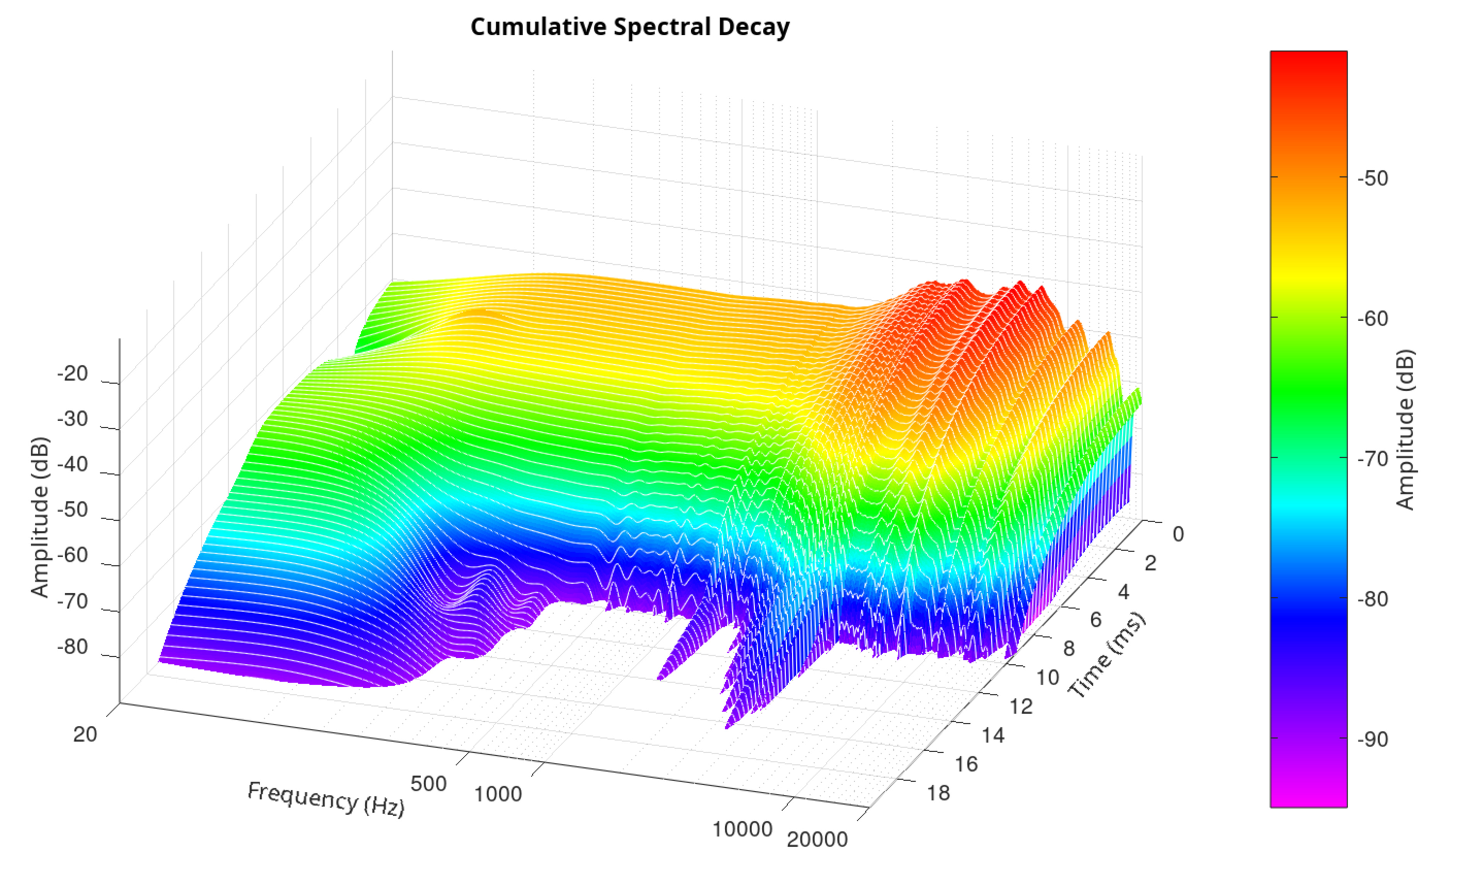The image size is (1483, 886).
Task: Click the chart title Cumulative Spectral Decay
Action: [630, 27]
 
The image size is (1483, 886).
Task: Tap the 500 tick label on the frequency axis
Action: [429, 783]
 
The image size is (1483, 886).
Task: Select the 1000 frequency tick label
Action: [498, 794]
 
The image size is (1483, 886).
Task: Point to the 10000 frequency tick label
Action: [742, 829]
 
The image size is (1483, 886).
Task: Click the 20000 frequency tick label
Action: [817, 839]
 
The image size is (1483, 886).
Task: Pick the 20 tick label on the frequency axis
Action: [85, 734]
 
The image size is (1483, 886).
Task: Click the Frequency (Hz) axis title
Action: [326, 799]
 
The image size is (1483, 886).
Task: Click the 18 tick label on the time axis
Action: [938, 793]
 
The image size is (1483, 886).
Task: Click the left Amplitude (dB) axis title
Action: [40, 517]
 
